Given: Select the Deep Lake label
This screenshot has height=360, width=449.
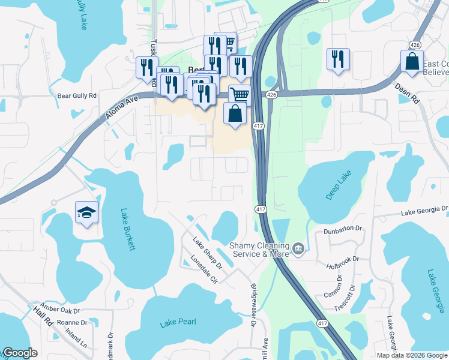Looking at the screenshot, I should click(340, 185).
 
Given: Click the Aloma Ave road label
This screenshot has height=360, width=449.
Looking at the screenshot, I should click(124, 106).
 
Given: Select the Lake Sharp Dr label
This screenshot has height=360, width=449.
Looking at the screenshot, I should click(207, 253).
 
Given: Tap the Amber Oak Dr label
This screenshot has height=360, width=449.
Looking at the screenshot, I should click(60, 310).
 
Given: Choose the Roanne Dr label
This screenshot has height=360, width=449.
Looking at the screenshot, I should click(72, 323).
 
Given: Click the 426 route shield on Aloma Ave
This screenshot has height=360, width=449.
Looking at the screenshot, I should click(271, 95).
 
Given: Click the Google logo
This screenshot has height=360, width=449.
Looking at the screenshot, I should click(20, 353).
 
